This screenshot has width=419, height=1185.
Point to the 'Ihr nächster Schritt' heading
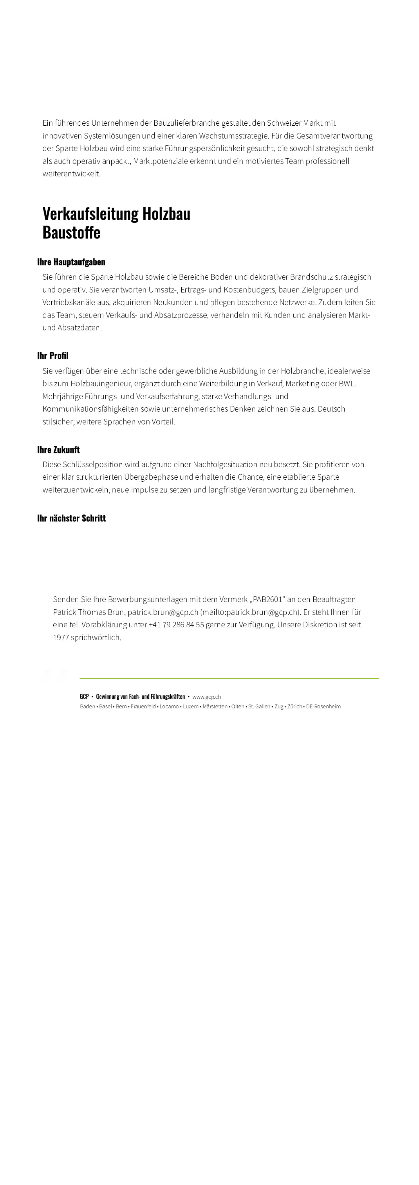(x=71, y=518)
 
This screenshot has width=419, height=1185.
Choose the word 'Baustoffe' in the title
(x=71, y=232)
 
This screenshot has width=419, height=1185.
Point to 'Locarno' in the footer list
(x=169, y=707)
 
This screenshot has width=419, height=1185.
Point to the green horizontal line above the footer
(x=229, y=678)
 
